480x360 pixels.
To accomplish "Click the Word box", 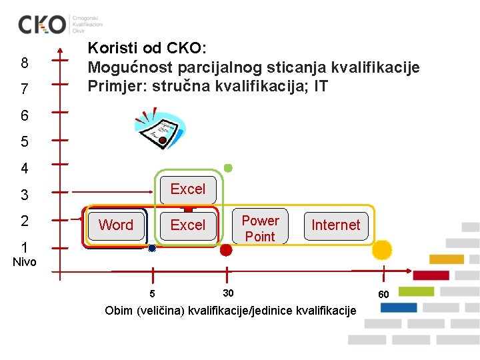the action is point(116,225).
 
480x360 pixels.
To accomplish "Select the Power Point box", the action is point(260,228).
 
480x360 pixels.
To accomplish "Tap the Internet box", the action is point(335,225).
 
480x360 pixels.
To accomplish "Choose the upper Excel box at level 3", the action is point(188,189).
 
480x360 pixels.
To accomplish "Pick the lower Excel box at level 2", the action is point(188,225).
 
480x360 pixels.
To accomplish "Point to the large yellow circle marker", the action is point(382,249).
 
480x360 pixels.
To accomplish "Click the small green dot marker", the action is point(228,168).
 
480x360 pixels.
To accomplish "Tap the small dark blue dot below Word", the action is point(152,249).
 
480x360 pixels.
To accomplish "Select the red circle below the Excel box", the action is point(226,250).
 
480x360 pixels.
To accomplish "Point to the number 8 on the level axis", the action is point(25,63).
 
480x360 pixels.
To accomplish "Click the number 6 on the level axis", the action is point(25,116).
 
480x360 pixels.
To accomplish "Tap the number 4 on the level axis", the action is point(25,168).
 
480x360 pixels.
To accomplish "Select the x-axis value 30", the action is point(228,293).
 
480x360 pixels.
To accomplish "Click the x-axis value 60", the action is point(383,295).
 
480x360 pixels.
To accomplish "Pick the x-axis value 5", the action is point(152,294).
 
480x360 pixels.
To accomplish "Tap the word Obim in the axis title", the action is point(119,311).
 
